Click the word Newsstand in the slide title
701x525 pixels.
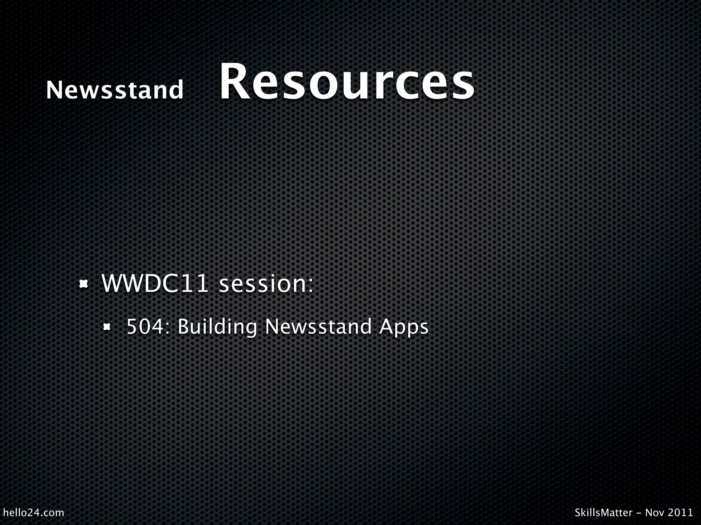pyautogui.click(x=115, y=90)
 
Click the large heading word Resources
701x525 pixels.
pyautogui.click(x=346, y=82)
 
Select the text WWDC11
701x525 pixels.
pyautogui.click(x=155, y=284)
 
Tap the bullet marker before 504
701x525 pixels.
pyautogui.click(x=107, y=327)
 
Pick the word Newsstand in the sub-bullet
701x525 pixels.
pyautogui.click(x=318, y=326)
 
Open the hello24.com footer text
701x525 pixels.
pyautogui.click(x=33, y=512)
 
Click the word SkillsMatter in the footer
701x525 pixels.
pyautogui.click(x=603, y=512)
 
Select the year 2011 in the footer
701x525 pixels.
pyautogui.click(x=681, y=512)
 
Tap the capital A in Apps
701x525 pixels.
pyautogui.click(x=386, y=326)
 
